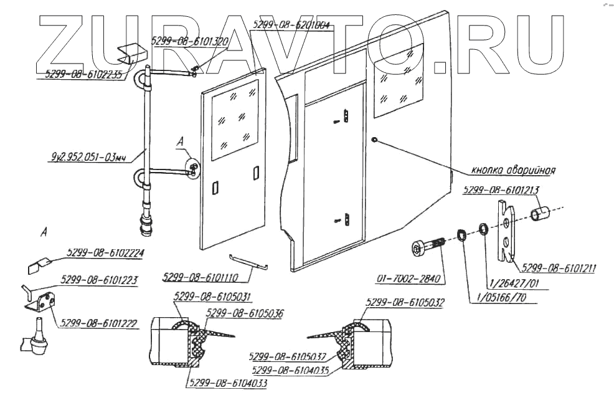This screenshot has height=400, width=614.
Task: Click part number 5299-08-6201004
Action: click(x=292, y=26)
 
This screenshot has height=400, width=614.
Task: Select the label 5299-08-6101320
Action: click(x=190, y=41)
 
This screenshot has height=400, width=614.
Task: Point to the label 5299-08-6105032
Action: click(x=399, y=302)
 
